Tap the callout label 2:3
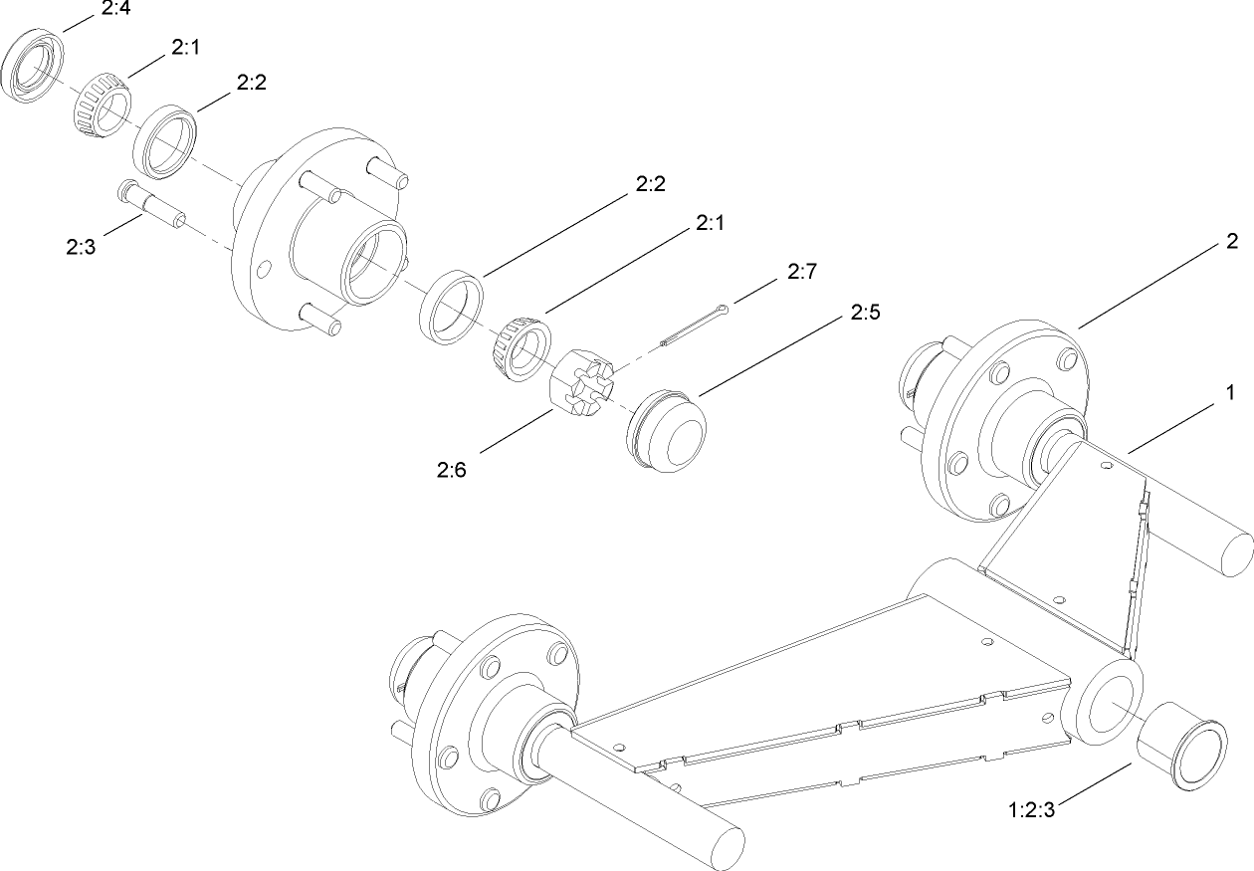pyautogui.click(x=82, y=247)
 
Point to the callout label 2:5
pyautogui.click(x=866, y=312)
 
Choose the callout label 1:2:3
pyautogui.click(x=1030, y=809)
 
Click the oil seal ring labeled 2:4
pyautogui.click(x=37, y=65)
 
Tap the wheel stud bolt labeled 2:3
pyautogui.click(x=150, y=202)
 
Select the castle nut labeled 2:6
pyautogui.click(x=582, y=387)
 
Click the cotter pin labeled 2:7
pyautogui.click(x=694, y=327)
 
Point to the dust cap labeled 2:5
pyautogui.click(x=664, y=430)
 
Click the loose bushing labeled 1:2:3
pyautogui.click(x=1180, y=746)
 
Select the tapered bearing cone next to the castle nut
pyautogui.click(x=522, y=347)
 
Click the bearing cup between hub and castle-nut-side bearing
pyautogui.click(x=450, y=306)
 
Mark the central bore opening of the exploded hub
pyautogui.click(x=371, y=258)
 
